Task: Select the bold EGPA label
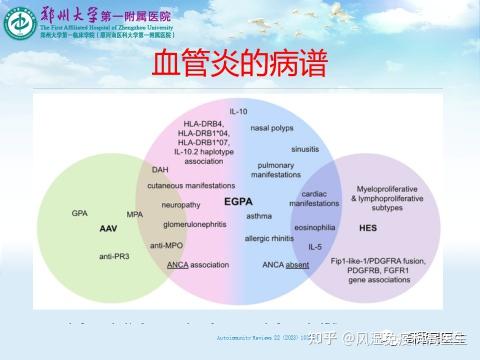click(238, 201)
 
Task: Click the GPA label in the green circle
click(80, 213)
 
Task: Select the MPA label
click(134, 214)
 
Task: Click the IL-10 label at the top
click(238, 111)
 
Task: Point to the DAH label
click(161, 170)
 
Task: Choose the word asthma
click(259, 215)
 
